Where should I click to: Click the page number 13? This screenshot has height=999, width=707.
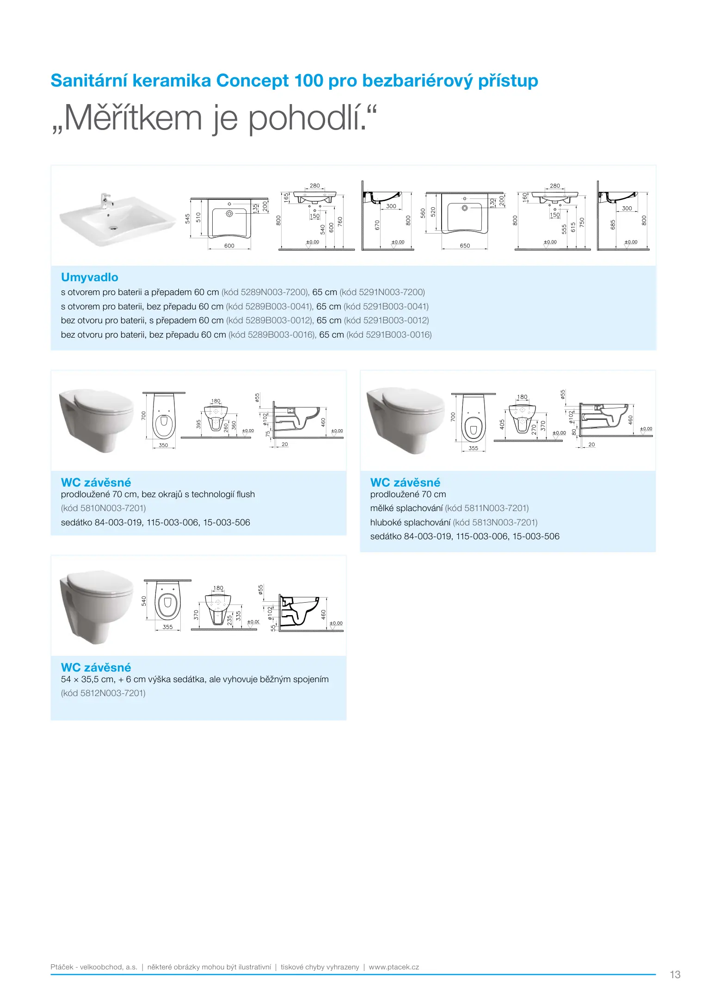[x=675, y=974]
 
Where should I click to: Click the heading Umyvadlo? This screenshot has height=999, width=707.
[x=89, y=277]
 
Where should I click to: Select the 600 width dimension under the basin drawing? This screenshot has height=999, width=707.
[x=229, y=246]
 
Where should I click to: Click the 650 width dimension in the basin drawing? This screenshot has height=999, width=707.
[x=465, y=246]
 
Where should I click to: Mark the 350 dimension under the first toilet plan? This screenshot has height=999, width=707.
[x=163, y=445]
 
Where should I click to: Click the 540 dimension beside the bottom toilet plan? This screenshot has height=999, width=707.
[x=144, y=601]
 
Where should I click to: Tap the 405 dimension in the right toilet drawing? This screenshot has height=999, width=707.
[x=502, y=424]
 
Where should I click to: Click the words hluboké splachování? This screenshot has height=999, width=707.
[x=410, y=523]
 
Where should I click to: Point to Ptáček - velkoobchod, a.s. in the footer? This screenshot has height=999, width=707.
[x=94, y=967]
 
